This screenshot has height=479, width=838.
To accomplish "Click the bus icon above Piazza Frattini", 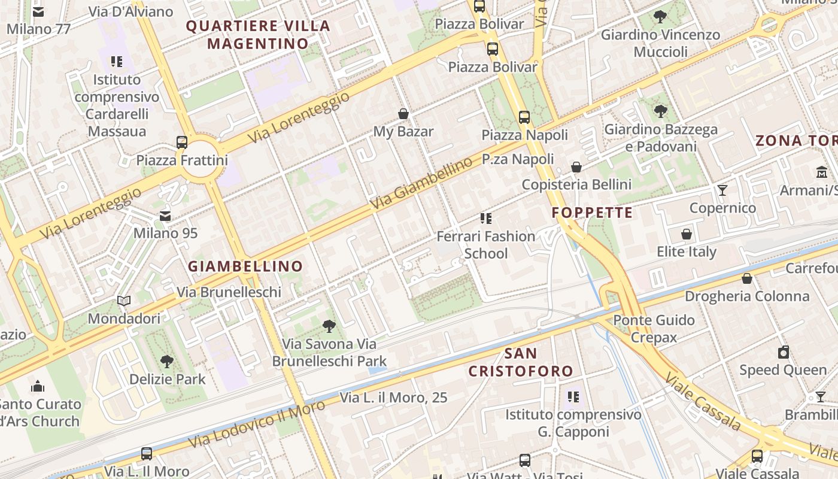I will pyautogui.click(x=182, y=143).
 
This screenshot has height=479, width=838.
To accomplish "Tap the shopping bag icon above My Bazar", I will pyautogui.click(x=403, y=114).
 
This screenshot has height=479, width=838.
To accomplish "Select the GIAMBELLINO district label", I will pyautogui.click(x=245, y=266).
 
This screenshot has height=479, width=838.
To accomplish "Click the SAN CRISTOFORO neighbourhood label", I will pyautogui.click(x=521, y=362).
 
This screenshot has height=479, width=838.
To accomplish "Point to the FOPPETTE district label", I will pyautogui.click(x=592, y=213).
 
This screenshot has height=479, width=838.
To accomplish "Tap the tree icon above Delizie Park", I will pyautogui.click(x=167, y=361).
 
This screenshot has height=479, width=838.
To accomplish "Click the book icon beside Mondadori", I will pyautogui.click(x=124, y=301).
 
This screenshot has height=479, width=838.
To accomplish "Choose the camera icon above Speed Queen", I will pyautogui.click(x=783, y=352).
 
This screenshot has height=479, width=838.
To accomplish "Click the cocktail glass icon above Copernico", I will pyautogui.click(x=722, y=190).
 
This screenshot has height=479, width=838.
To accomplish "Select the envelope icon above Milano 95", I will pyautogui.click(x=165, y=216).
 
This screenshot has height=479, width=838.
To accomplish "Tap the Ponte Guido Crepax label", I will pyautogui.click(x=654, y=329).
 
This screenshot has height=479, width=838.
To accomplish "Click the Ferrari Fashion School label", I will pyautogui.click(x=486, y=245).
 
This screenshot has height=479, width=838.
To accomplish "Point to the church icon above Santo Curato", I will pyautogui.click(x=38, y=386).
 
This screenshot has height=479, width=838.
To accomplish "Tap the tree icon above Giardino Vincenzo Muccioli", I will pyautogui.click(x=660, y=17).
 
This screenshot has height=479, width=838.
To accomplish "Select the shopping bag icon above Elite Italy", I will pyautogui.click(x=687, y=234).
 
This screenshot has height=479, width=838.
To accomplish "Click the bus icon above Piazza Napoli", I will pyautogui.click(x=524, y=117).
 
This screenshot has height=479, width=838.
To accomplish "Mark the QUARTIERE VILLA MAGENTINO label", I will pyautogui.click(x=258, y=35).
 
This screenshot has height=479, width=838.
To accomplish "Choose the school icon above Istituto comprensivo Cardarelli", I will pyautogui.click(x=117, y=62).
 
